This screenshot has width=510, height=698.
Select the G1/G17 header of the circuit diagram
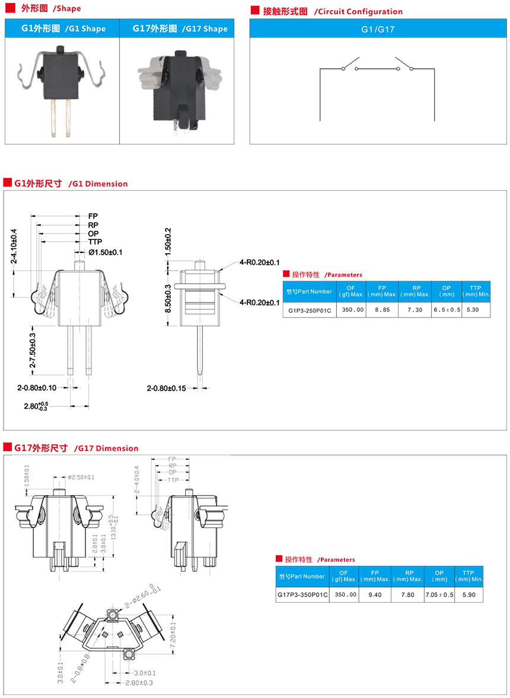(378, 29)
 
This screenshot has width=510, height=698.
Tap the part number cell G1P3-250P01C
(310, 310)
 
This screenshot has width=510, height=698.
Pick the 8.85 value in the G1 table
(383, 310)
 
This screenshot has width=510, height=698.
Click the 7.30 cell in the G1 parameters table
(415, 310)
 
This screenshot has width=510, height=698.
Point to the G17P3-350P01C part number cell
(302, 594)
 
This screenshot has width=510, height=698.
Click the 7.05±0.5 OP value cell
(439, 594)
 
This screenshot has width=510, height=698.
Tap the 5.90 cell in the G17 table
(468, 594)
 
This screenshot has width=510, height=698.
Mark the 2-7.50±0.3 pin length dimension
(32, 351)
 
